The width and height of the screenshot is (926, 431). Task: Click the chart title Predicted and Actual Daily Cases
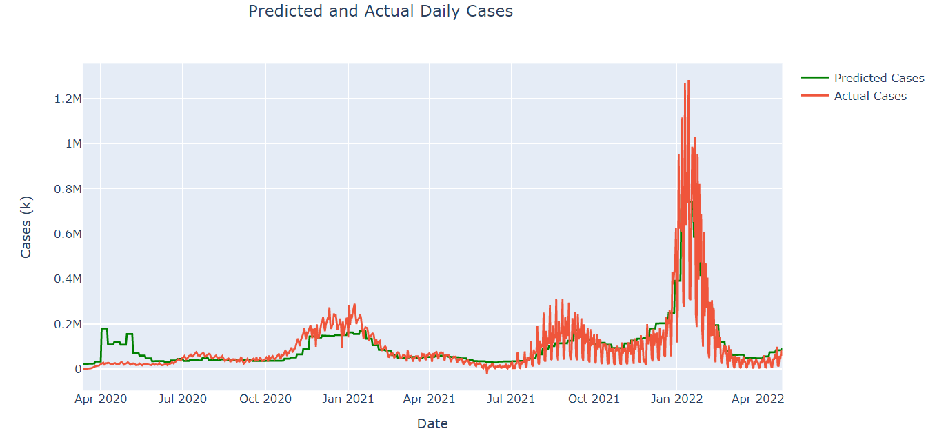coord(380,12)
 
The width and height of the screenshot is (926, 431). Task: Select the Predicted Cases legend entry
coord(878,78)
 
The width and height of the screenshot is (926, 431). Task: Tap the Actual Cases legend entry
coord(870,96)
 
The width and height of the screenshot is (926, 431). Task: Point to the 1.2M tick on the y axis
coord(68,99)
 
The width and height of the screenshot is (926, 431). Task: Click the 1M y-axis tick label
coord(72,144)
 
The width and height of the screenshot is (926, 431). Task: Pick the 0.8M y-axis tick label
coord(68,189)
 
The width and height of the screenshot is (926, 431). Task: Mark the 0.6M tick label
coord(68,234)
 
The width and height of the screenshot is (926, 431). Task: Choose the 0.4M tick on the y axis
coord(68,279)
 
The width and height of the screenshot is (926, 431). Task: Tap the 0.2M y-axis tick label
coord(68,324)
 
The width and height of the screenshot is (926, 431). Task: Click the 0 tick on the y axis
coord(77,370)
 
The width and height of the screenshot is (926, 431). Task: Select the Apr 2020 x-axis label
coord(101,399)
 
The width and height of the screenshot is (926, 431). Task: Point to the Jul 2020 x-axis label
coord(183,399)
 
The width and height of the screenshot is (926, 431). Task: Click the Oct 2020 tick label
coord(265,399)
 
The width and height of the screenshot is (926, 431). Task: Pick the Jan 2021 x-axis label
coord(348,399)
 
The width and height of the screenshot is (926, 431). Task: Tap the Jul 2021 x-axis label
coord(511,399)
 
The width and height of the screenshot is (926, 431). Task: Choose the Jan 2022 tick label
coord(676,399)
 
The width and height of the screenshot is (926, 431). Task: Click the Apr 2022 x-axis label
coord(758,399)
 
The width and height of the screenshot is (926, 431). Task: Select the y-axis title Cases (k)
coord(26,227)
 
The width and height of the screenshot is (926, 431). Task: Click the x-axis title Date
coord(432,423)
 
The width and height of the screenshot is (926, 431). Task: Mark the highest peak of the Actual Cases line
coord(688,81)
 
